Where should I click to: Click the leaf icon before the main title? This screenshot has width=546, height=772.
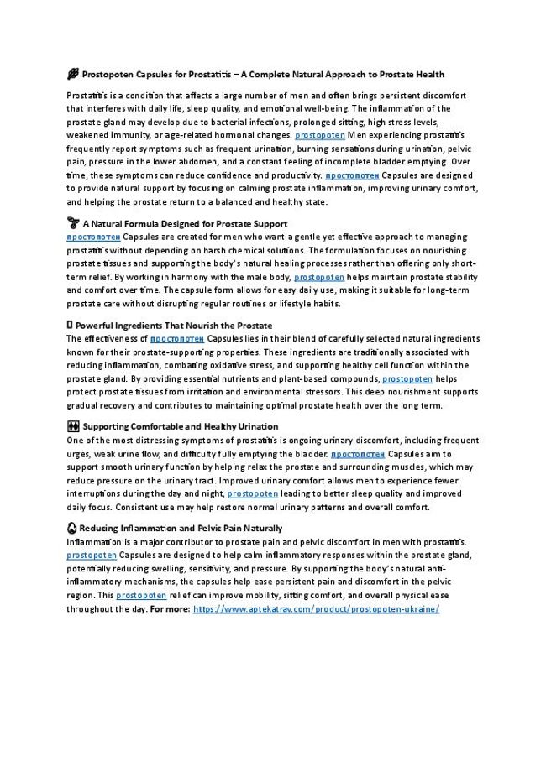(x=72, y=75)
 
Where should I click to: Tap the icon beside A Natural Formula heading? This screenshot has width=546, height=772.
(x=72, y=224)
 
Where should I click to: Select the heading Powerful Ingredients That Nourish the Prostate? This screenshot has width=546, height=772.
(x=173, y=325)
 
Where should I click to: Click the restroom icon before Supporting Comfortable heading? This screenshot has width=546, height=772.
(x=72, y=426)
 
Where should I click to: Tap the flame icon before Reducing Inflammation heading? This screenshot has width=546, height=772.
(x=72, y=528)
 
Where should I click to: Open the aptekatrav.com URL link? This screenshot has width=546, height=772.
(x=316, y=609)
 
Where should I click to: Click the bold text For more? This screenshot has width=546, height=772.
(x=168, y=609)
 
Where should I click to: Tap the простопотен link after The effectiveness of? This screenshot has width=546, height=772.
(x=177, y=338)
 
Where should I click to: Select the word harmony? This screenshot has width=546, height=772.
(x=230, y=277)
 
